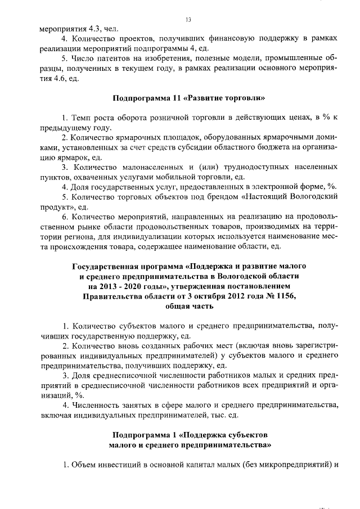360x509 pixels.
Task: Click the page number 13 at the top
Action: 188,20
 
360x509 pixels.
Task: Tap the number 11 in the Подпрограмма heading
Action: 170,98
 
